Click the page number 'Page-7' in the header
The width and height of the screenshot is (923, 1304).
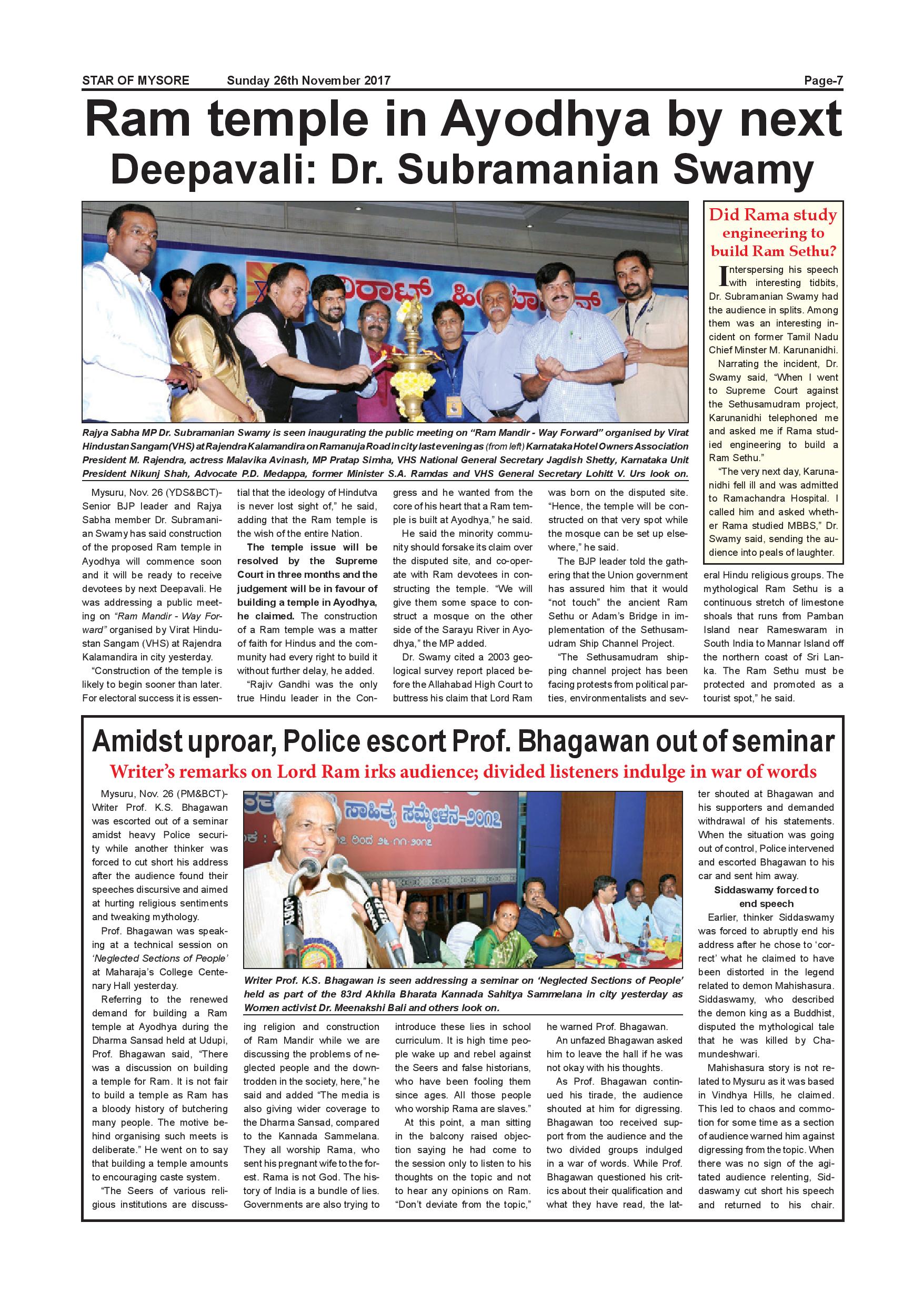823,80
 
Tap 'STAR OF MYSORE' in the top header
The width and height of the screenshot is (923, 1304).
136,80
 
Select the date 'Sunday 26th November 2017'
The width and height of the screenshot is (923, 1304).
308,80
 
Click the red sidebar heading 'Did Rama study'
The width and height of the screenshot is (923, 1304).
773,215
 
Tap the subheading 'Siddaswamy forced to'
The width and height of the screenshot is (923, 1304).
766,890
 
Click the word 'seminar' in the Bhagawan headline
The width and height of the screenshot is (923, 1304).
796,742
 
